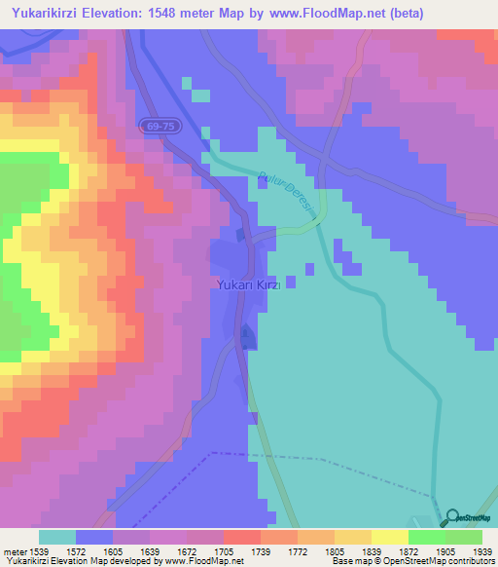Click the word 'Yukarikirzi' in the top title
pos(41,13)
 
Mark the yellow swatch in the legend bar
pos(389,537)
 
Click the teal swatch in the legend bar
pos(57,537)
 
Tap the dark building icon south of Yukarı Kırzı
pos(247,337)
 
